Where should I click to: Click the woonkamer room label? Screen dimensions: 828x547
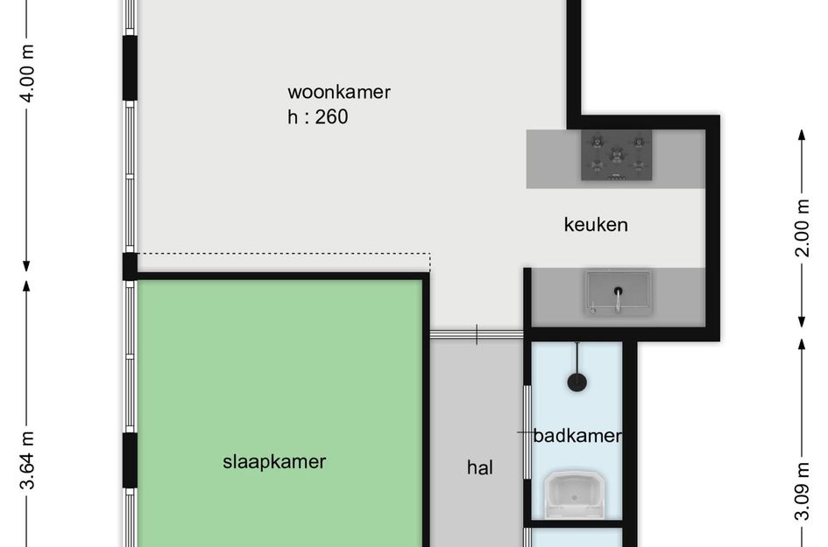click(339, 92)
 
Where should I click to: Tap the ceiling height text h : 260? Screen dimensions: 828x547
click(317, 116)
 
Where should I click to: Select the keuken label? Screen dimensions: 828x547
click(596, 225)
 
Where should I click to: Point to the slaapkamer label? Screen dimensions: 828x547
click(274, 462)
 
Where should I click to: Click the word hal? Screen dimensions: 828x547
click(480, 467)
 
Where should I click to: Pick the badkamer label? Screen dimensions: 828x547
click(577, 436)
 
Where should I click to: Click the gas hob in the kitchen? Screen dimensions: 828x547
click(616, 155)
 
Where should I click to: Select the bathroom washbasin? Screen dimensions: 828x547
click(574, 494)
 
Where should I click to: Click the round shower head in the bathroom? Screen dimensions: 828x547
click(577, 382)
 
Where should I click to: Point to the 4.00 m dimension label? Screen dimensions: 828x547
click(27, 74)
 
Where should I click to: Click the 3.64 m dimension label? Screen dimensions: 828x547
click(27, 460)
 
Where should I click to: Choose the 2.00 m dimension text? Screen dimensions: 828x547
click(802, 228)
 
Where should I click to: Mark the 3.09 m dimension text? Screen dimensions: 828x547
click(802, 492)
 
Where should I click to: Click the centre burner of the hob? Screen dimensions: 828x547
click(616, 155)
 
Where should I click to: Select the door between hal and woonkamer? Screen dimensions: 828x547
click(477, 334)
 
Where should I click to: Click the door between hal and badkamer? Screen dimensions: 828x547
click(527, 432)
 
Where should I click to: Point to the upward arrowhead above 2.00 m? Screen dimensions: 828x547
click(802, 135)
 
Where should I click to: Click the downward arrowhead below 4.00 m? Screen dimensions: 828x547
click(26, 266)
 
